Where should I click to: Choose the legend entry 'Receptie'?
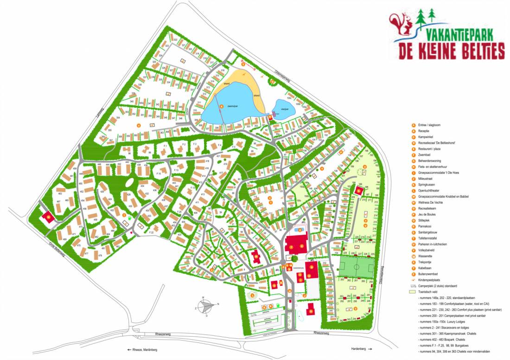[425, 131]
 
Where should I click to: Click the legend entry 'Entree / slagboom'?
[431, 125]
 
